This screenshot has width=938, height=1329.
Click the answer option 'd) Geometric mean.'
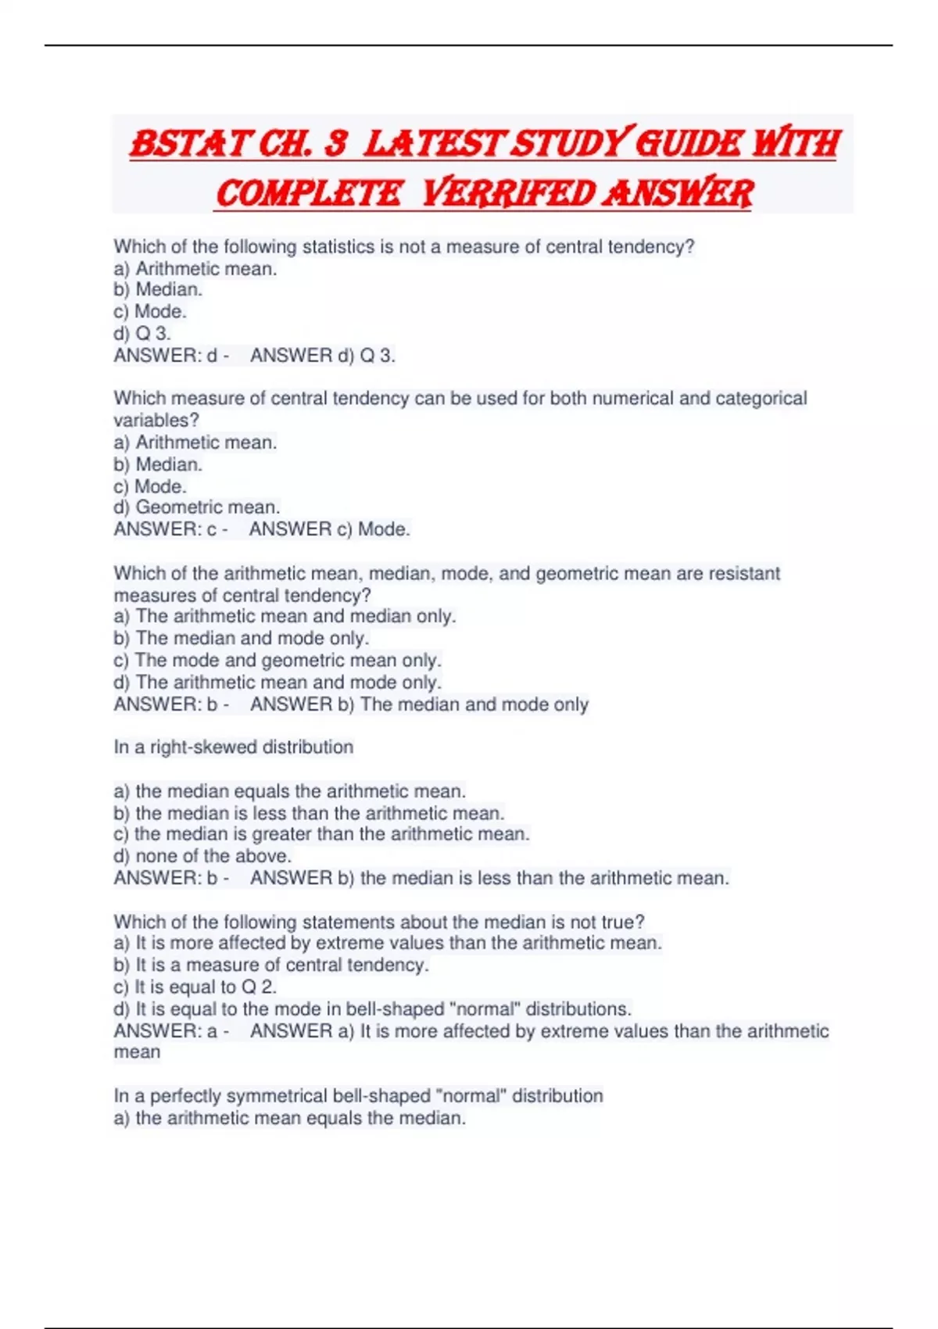(x=196, y=507)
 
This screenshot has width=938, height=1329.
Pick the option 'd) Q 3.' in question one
(x=141, y=333)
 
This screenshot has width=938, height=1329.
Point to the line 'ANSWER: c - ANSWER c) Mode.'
(x=262, y=529)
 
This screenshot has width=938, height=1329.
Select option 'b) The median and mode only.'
(x=241, y=638)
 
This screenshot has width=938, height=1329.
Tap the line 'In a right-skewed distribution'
(x=233, y=747)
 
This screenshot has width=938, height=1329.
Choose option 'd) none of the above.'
(x=202, y=856)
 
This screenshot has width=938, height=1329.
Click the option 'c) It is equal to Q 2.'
(x=195, y=987)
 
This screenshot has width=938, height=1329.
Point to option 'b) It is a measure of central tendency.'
(x=270, y=965)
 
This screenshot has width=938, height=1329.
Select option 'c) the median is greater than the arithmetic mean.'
(x=321, y=834)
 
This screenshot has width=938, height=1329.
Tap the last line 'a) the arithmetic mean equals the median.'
(x=289, y=1118)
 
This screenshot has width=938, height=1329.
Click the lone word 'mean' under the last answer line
(x=137, y=1052)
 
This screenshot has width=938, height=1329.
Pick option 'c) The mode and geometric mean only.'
(x=277, y=660)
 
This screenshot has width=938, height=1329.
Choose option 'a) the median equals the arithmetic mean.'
(x=289, y=791)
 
